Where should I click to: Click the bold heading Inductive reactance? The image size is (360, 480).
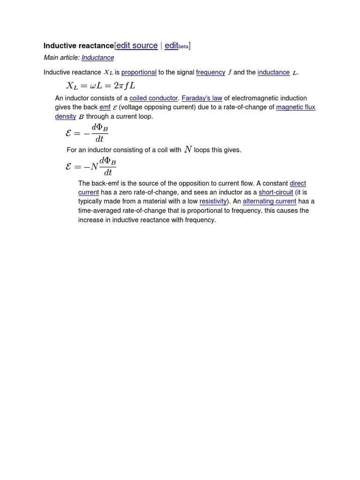coord(78,45)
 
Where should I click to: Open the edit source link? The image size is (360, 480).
coord(137,45)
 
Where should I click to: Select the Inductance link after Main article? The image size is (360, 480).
coord(97,58)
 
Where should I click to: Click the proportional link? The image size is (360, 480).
coord(139,72)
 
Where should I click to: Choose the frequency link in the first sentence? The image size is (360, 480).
coord(210,72)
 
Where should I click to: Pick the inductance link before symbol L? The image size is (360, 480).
coord(273,72)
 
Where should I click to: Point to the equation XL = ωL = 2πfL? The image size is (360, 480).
coord(101,86)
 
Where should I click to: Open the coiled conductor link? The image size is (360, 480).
coord(153,98)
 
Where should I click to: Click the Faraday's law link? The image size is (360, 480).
coord(202,98)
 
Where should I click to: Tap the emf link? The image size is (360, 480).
coord(105,107)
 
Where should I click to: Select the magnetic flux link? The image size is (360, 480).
coord(295,107)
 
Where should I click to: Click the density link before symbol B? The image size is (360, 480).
coord(66,116)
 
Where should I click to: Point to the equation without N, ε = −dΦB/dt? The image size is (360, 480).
coord(87,134)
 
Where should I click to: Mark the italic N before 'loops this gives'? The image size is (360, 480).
coord(188,150)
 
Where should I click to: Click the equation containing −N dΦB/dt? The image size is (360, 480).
coord(91,166)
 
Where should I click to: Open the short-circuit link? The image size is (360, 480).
coord(276,192)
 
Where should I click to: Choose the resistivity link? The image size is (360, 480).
coord(213,201)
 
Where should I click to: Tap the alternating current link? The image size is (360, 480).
coord(269,201)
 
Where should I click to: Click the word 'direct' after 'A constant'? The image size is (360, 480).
coord(298,183)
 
